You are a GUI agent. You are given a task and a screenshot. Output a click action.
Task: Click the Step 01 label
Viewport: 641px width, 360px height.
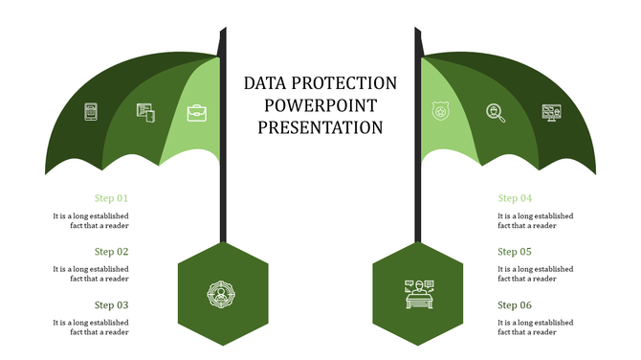111,198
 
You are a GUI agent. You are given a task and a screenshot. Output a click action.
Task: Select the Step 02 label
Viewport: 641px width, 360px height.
111,252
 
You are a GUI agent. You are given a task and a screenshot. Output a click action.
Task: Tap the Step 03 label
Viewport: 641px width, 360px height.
111,305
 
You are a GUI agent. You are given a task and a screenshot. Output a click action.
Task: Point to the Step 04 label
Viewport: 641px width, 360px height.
515,198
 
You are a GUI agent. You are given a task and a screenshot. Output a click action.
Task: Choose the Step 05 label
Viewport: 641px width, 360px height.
515,252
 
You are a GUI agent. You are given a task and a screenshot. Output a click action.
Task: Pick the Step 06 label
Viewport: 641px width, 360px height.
515,305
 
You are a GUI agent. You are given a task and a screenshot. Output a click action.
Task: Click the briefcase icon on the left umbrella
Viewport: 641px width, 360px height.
197,113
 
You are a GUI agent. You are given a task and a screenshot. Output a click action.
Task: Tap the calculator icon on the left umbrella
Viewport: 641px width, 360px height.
92,112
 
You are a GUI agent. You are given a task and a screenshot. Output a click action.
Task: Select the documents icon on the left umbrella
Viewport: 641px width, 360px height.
145,113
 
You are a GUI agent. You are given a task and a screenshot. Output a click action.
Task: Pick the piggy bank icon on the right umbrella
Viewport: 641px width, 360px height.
440,111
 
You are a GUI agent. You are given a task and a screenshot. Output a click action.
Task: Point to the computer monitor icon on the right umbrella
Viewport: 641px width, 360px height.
551,113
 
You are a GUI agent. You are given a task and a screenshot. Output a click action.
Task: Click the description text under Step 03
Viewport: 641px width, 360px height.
91,327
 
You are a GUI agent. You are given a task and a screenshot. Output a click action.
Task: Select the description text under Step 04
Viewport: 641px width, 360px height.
535,221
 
